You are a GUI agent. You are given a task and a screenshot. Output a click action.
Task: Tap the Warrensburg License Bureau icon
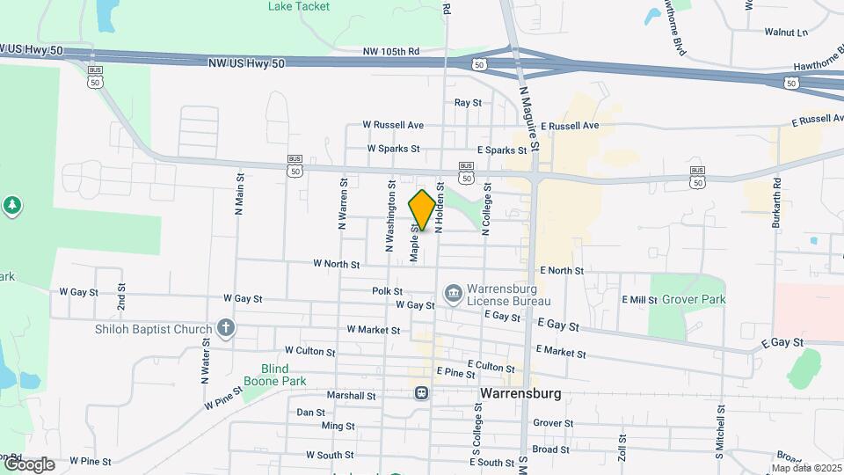(x=454, y=292)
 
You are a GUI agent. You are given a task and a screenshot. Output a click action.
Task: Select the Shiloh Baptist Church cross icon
(x=225, y=329)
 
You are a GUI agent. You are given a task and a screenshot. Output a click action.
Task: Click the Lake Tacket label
(x=299, y=6)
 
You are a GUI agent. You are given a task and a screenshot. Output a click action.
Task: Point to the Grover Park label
(x=694, y=300)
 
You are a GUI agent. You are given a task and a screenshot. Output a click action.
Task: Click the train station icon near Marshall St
(x=422, y=392)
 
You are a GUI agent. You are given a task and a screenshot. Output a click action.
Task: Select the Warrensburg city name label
(x=520, y=393)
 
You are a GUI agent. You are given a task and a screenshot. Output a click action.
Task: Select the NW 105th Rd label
(x=391, y=52)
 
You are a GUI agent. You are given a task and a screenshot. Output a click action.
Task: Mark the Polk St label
(x=387, y=291)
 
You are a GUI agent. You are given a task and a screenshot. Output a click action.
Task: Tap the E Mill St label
(x=639, y=300)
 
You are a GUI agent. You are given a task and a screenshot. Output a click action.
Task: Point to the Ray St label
(x=468, y=103)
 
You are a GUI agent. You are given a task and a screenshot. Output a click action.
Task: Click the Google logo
(x=28, y=464)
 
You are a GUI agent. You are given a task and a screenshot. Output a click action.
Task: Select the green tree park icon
(x=11, y=206)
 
